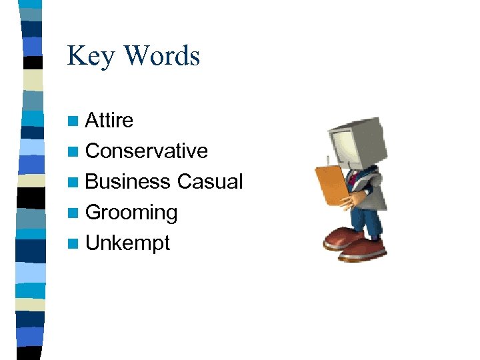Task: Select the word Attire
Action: pyautogui.click(x=109, y=121)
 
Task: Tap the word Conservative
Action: pyautogui.click(x=147, y=151)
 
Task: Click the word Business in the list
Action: pyautogui.click(x=128, y=182)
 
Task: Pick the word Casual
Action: pyautogui.click(x=210, y=182)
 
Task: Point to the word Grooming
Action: pyautogui.click(x=131, y=213)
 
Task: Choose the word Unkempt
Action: pyautogui.click(x=128, y=243)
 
